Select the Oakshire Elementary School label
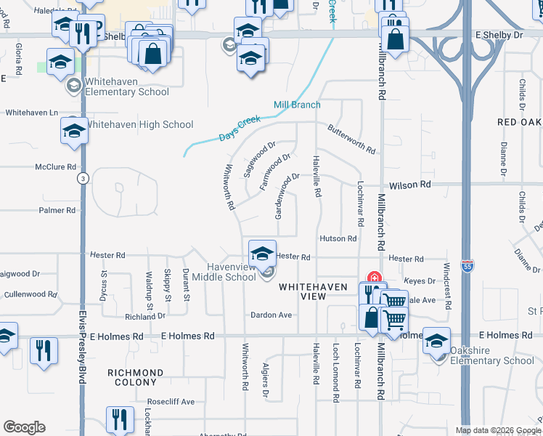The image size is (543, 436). (x=491, y=355)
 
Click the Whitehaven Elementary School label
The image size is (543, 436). (x=127, y=86)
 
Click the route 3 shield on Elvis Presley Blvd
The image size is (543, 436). (x=84, y=179)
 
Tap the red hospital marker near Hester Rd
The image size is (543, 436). (x=375, y=277)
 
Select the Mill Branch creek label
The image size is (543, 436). (x=297, y=105)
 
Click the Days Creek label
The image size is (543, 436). (x=240, y=129)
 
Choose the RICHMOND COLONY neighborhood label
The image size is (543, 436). (x=135, y=377)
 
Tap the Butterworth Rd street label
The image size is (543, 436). (x=352, y=140)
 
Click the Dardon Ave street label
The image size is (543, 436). (x=271, y=315)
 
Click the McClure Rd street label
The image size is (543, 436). (x=56, y=166)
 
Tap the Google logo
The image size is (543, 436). (x=24, y=427)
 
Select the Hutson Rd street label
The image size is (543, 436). (x=338, y=238)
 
